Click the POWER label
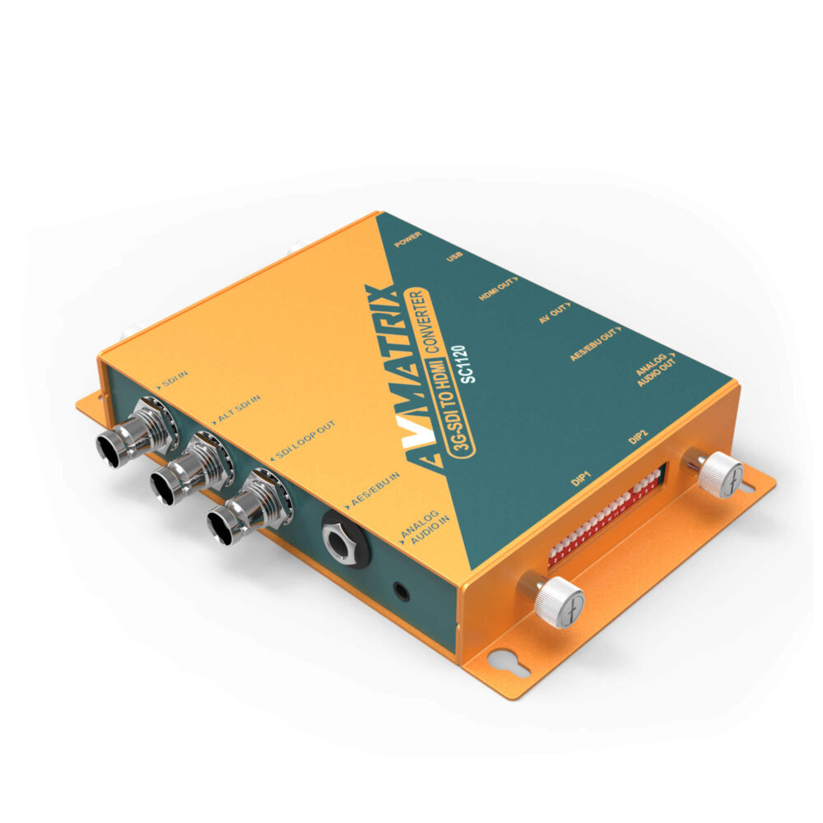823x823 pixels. click(408, 238)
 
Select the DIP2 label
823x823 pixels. click(639, 439)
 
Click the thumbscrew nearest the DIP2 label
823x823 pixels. click(721, 475)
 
